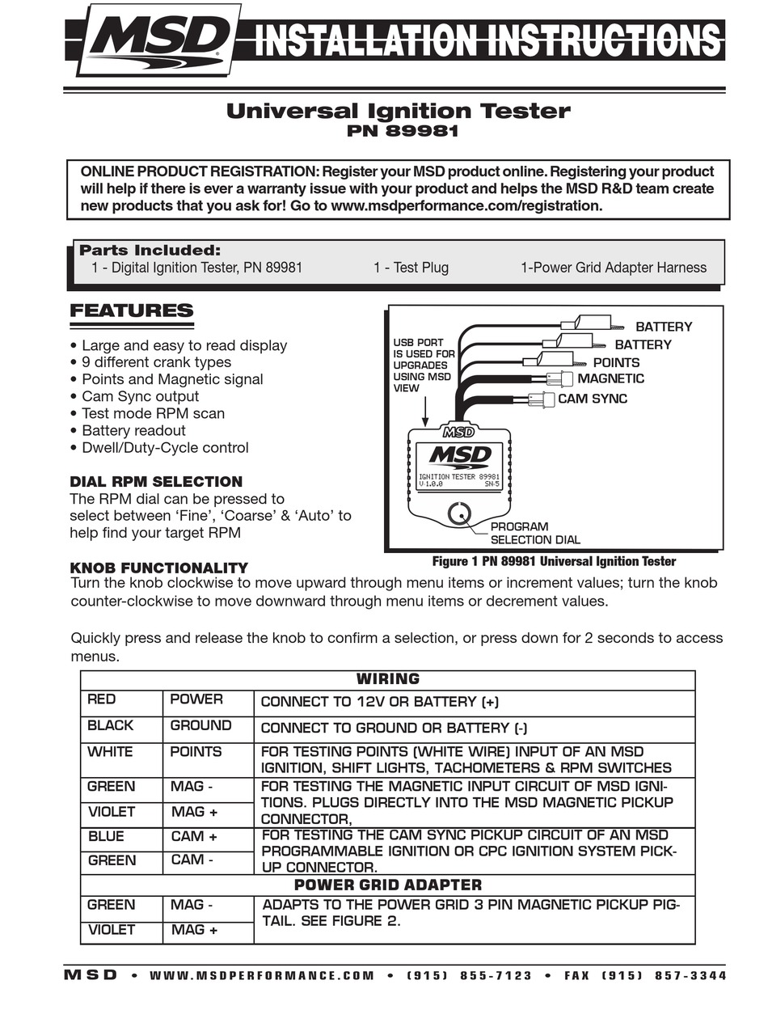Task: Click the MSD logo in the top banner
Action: click(158, 39)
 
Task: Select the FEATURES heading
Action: click(132, 311)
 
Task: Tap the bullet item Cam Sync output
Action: click(140, 396)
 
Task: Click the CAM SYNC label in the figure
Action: click(593, 399)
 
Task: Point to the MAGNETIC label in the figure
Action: click(610, 378)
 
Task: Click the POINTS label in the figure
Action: click(616, 363)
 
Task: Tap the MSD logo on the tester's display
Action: click(459, 456)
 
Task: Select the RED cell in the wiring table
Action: click(102, 699)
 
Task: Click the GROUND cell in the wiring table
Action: click(200, 725)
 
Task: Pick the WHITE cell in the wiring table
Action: click(110, 752)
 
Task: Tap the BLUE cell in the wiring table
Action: click(106, 836)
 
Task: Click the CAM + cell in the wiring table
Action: click(193, 836)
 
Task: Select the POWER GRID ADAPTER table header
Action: click(388, 885)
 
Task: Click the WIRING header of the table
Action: click(388, 679)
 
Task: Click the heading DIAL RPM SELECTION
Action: click(156, 481)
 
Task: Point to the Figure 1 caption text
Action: click(554, 561)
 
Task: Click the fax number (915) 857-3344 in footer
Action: click(663, 975)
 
